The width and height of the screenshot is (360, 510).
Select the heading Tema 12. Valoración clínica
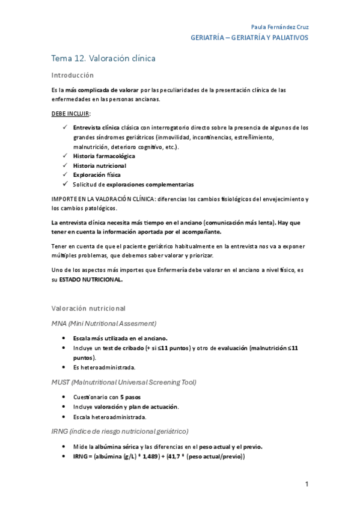(x=103, y=58)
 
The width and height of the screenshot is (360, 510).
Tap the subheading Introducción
(x=73, y=75)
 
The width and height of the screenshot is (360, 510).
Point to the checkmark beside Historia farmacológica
(x=65, y=156)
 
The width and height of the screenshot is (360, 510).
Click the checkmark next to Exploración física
(x=65, y=174)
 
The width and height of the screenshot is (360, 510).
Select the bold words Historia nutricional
(x=100, y=165)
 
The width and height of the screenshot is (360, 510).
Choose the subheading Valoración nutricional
(x=88, y=308)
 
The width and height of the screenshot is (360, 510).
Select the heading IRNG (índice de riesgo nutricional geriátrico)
(x=120, y=431)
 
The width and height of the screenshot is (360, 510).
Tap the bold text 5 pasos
(x=131, y=398)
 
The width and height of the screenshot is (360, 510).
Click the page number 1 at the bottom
(x=307, y=484)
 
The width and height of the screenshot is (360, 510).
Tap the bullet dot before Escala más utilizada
(x=64, y=339)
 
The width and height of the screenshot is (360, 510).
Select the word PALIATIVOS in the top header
(x=287, y=37)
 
